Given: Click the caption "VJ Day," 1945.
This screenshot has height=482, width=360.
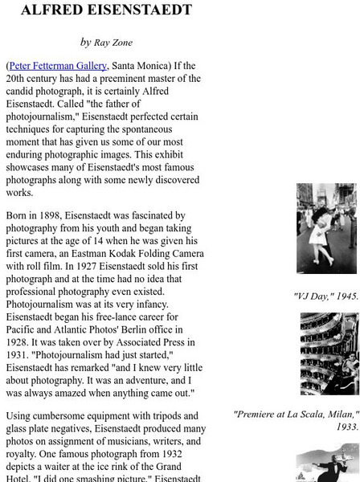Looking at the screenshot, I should click(326, 296).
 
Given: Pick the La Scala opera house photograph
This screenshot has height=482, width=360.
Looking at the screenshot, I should click(329, 354).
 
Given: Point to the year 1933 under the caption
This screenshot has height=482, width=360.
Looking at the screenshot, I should click(348, 427).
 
